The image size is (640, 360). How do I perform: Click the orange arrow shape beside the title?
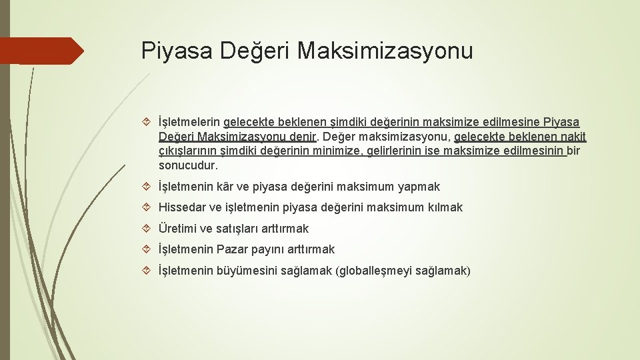(x=41, y=51)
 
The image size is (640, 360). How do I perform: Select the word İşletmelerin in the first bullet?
(x=189, y=123)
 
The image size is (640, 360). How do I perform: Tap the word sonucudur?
(x=188, y=165)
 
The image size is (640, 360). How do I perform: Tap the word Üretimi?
(x=177, y=229)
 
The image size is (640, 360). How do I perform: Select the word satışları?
(x=240, y=229)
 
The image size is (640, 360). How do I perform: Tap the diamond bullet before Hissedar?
(x=148, y=207)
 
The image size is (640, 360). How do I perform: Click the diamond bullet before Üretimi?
(x=148, y=229)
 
